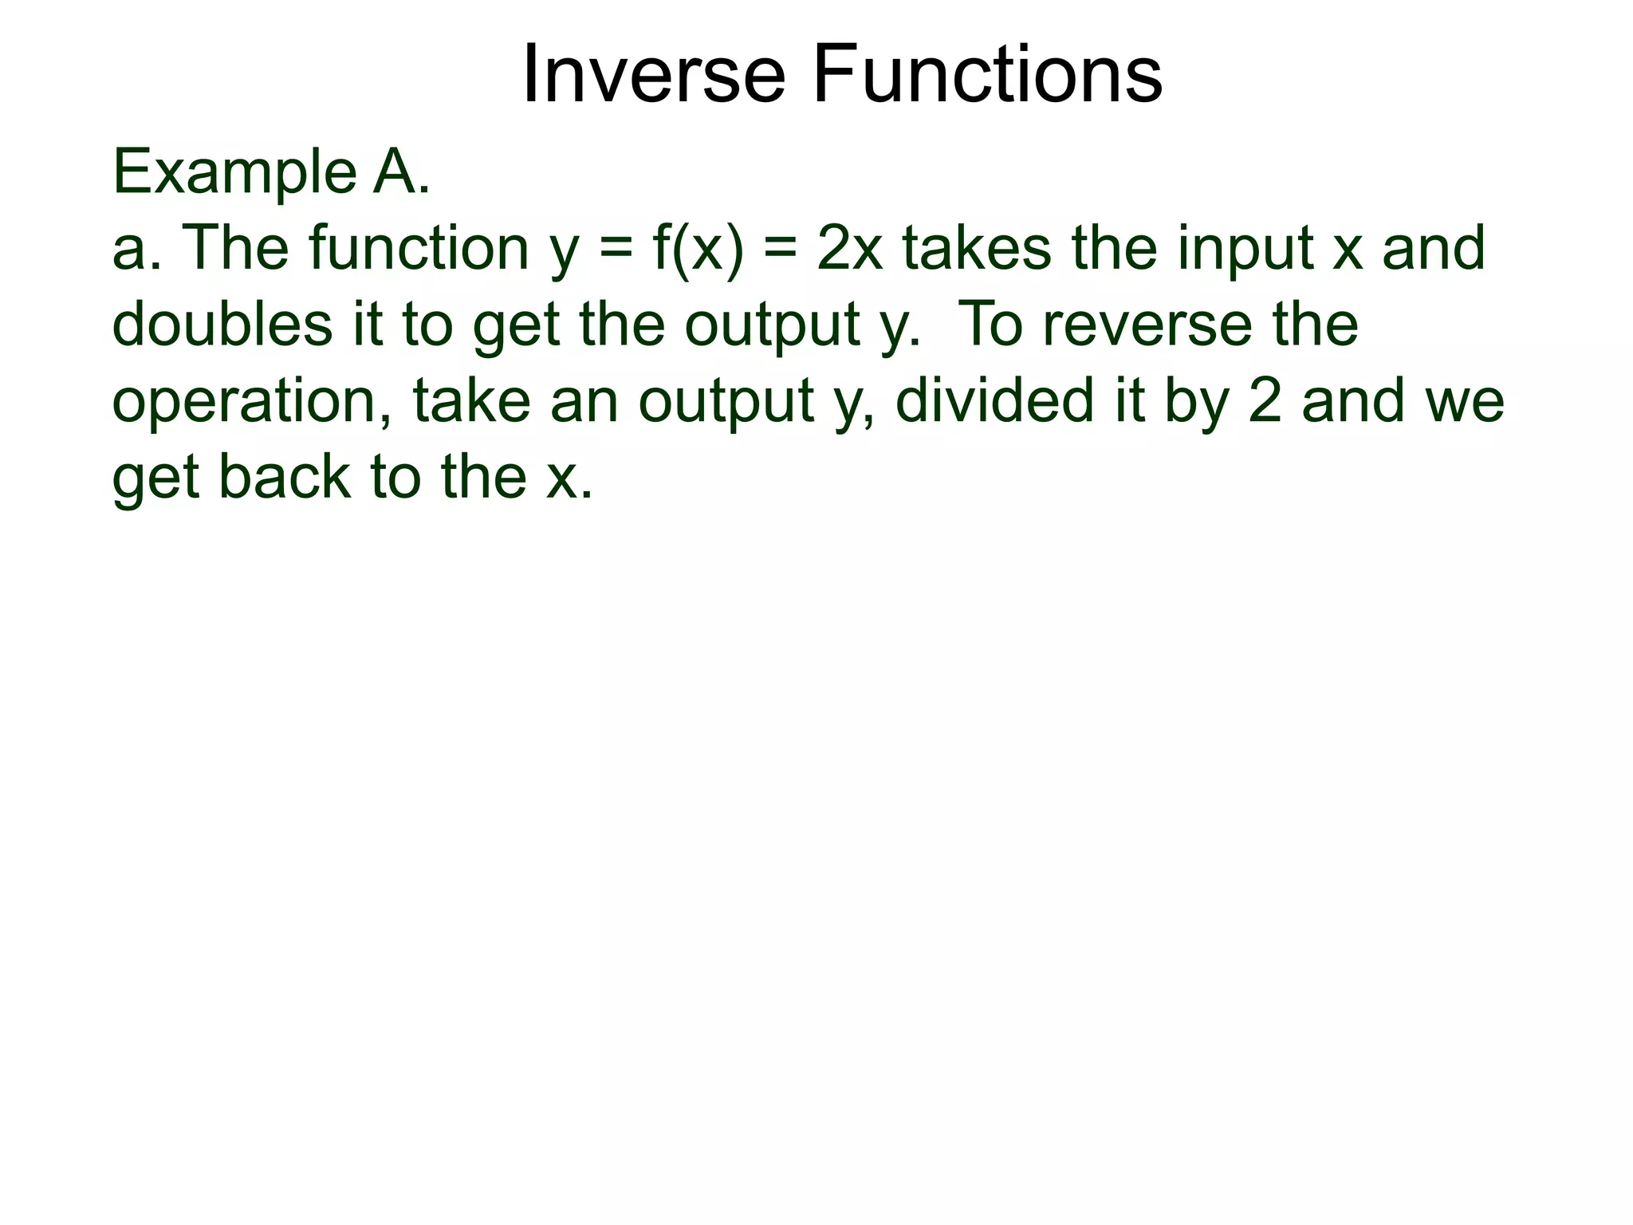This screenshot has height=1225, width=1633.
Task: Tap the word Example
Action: (x=234, y=173)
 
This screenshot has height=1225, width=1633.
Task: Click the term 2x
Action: (x=850, y=249)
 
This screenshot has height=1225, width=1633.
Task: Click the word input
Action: (x=1245, y=249)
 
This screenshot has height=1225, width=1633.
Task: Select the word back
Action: (x=284, y=476)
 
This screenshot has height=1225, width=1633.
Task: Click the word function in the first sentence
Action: (x=419, y=249)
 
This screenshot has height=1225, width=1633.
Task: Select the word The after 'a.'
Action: (x=235, y=249)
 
